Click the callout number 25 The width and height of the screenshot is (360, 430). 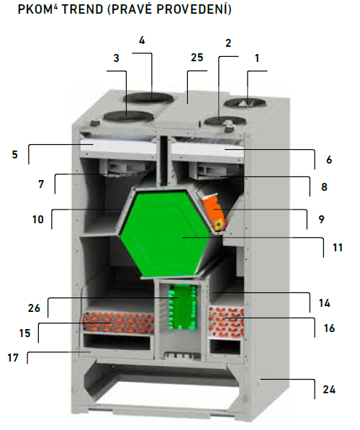pos(197,58)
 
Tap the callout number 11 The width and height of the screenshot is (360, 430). pos(338,248)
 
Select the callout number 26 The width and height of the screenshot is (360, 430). pos(34,308)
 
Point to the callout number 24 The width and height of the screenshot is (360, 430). pos(329,390)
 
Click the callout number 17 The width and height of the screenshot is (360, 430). pos(13,358)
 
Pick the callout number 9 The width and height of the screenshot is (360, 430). pos(321,220)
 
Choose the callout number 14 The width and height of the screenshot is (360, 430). pos(324,303)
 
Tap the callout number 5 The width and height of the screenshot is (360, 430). pos(15,155)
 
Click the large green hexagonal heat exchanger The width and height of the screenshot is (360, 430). pos(164,233)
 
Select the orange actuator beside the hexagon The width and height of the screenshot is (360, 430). pos(215,212)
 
